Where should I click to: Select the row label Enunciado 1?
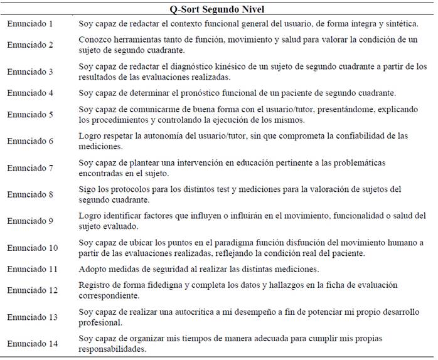pos(30,24)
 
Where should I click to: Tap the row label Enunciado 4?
pos(30,93)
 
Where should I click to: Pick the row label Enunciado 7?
pos(30,168)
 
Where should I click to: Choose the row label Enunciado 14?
pos(32,344)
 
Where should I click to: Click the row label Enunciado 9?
pos(30,221)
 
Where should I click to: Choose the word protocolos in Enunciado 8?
pos(127,189)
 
